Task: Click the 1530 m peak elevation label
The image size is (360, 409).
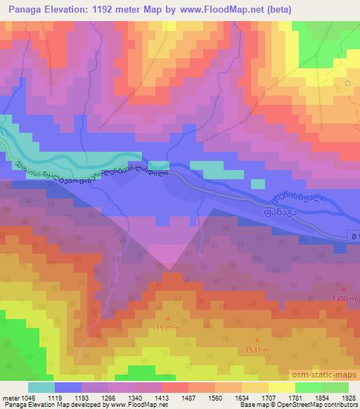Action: click(x=167, y=327)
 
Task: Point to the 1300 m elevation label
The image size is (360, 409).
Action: click(x=343, y=299)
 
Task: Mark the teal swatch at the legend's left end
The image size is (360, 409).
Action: click(x=41, y=387)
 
